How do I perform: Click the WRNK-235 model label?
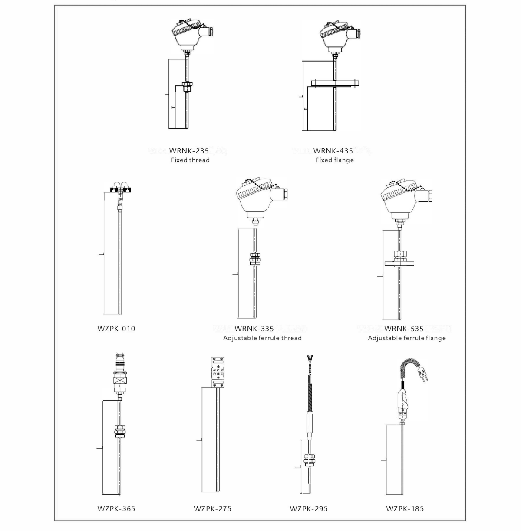point(189,150)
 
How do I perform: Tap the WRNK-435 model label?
point(333,150)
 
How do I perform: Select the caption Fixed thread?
point(190,160)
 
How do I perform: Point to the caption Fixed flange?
point(335,160)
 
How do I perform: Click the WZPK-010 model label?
point(116,329)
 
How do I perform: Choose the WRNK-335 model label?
point(254,329)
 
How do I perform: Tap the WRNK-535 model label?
point(404,329)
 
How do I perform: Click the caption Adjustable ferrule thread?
point(262,338)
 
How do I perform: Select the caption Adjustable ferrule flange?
point(407,338)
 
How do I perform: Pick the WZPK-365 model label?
point(116,509)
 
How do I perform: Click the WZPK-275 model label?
point(213,509)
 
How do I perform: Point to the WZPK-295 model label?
point(309,509)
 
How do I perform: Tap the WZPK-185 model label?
point(405,509)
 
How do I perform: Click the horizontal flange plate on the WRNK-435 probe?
point(335,83)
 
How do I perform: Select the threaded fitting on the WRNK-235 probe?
point(187,86)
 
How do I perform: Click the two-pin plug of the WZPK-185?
point(423,375)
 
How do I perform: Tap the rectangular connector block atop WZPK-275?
point(218,372)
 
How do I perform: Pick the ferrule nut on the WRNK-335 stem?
point(255,259)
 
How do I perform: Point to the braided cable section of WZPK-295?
point(310,398)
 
